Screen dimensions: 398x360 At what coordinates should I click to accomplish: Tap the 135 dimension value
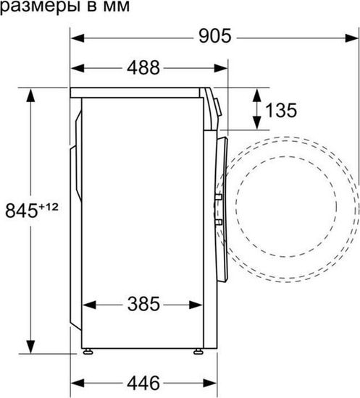[x=281, y=111]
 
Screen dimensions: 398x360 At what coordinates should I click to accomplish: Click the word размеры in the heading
[x=33, y=7]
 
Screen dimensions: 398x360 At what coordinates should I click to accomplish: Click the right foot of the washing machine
[x=198, y=352]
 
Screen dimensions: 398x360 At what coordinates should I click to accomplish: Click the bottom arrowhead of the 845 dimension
[x=30, y=344]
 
